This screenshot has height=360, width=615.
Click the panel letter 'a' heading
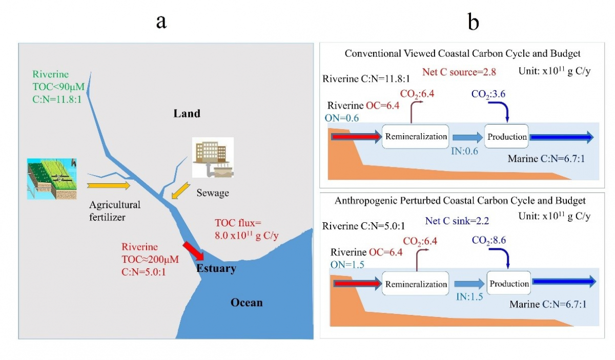click(161, 23)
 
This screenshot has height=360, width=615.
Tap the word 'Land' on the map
click(186, 113)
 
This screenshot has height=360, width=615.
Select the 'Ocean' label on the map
click(246, 303)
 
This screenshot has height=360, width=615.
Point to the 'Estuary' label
click(217, 268)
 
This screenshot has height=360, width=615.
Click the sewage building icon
click(212, 157)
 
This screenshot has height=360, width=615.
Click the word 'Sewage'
click(213, 194)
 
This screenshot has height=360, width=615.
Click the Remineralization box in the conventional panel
click(416, 137)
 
